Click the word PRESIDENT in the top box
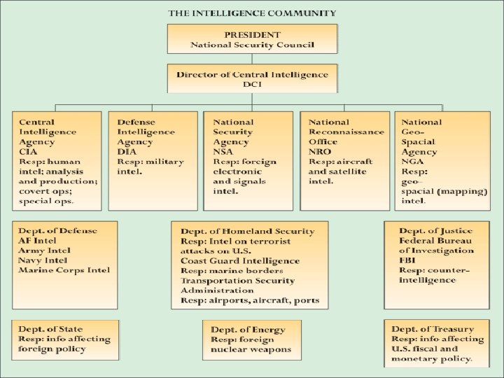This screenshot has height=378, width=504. pos(251,34)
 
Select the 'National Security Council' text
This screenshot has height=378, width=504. pos(252,45)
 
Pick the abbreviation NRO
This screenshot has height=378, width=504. pos(320,152)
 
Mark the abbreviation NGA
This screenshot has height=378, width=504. pos(414,161)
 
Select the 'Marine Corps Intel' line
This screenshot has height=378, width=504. pos(64,270)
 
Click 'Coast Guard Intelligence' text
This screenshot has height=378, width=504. pos(239,260)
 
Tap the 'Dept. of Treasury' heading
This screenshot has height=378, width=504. pos(433,329)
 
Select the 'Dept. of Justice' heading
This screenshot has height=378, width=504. pos(436,231)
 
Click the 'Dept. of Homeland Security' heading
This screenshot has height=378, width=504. pos(247,231)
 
